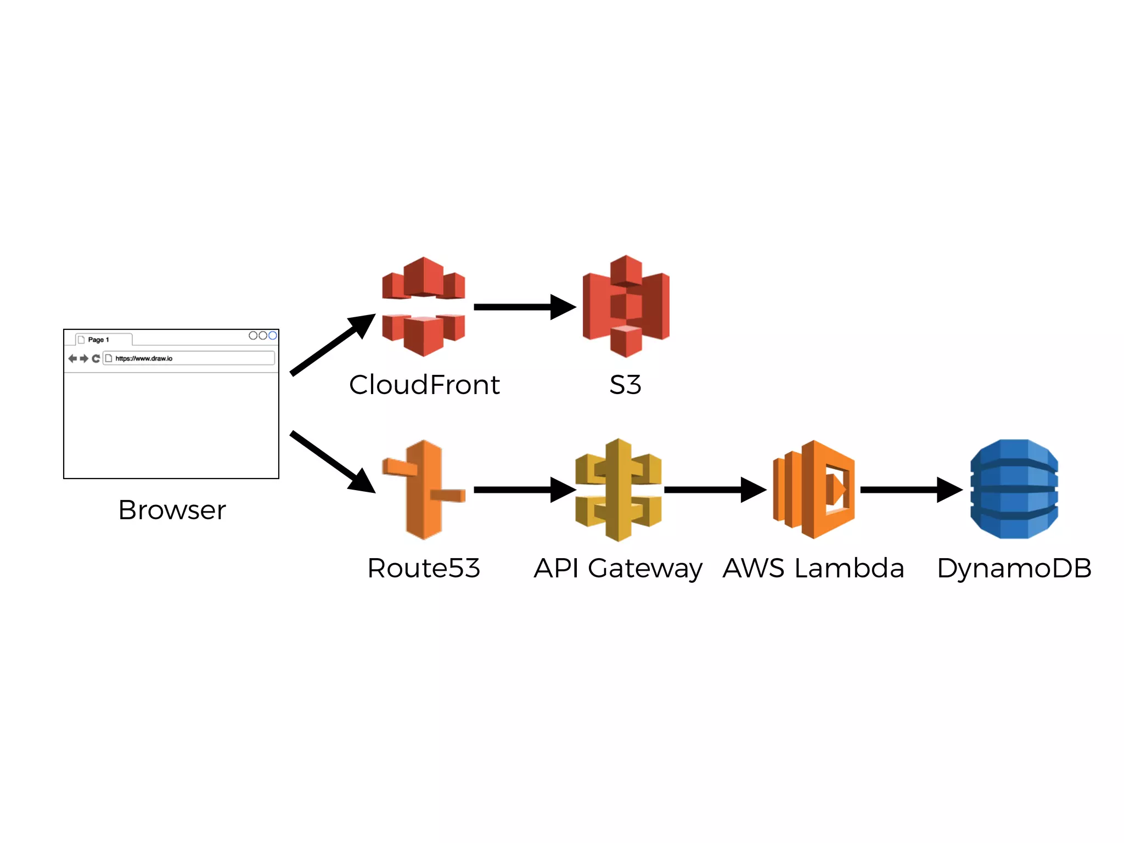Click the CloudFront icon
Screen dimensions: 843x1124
click(423, 307)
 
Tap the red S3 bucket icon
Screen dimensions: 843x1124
click(626, 306)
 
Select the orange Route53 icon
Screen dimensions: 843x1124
click(423, 490)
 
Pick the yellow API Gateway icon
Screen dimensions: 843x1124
click(618, 490)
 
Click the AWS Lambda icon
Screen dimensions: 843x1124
click(814, 490)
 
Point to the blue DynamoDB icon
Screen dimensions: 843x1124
click(1014, 489)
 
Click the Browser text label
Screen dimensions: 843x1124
click(172, 510)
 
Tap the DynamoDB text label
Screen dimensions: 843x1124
click(1014, 569)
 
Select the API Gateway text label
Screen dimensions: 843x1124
click(618, 569)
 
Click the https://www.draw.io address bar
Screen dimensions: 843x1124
click(189, 358)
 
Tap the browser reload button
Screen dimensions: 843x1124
click(96, 358)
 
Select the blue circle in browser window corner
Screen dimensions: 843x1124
click(272, 335)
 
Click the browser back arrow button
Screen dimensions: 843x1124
click(72, 358)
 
